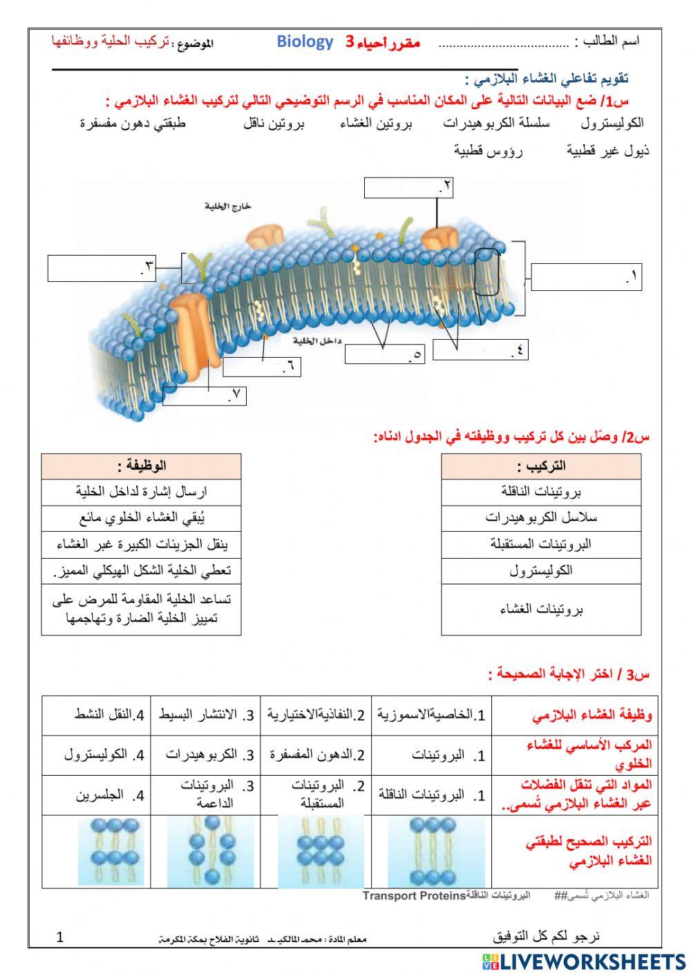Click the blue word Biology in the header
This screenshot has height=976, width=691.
305,41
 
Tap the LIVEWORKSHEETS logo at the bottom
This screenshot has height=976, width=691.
584,961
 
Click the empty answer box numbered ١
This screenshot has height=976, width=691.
586,277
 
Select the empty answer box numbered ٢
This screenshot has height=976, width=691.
408,188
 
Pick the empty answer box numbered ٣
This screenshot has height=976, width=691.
101,268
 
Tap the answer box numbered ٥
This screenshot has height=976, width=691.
384,354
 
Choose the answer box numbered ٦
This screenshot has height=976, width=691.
263,367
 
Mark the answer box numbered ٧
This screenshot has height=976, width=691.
205,396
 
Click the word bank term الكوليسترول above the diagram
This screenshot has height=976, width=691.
612,123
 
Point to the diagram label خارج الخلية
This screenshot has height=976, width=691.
228,206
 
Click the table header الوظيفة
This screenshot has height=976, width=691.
141,466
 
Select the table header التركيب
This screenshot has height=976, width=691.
541,466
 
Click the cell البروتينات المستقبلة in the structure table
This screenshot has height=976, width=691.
541,544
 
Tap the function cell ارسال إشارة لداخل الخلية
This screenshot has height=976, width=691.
141,492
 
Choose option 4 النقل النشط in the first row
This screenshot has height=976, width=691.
110,715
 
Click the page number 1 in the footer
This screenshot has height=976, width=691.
59,937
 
